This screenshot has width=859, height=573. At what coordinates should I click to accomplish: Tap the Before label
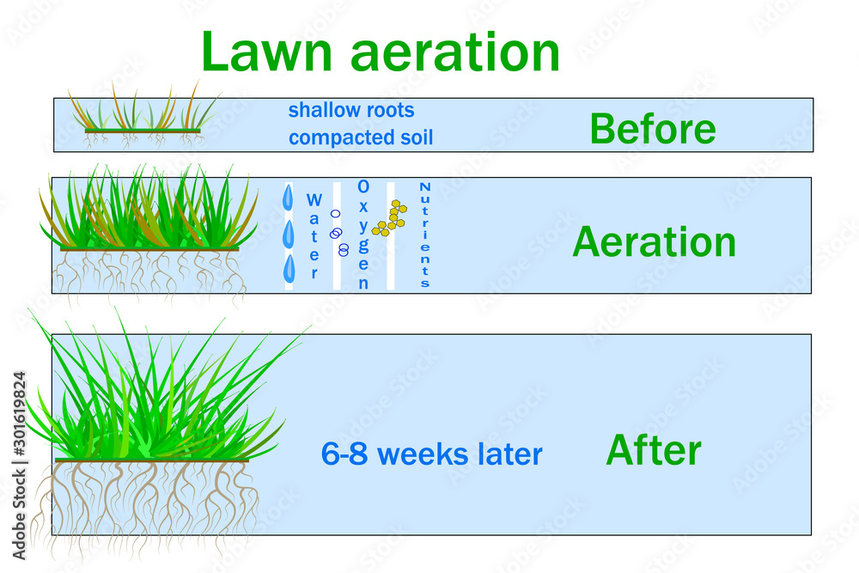pyautogui.click(x=652, y=129)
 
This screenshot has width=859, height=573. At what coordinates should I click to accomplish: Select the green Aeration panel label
pyautogui.click(x=654, y=242)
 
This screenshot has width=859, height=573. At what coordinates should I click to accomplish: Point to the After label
pyautogui.click(x=654, y=450)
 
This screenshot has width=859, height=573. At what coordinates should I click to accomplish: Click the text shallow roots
pyautogui.click(x=350, y=111)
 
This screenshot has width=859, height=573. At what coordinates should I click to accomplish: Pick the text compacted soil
pyautogui.click(x=361, y=137)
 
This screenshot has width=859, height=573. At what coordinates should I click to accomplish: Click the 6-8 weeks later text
pyautogui.click(x=431, y=454)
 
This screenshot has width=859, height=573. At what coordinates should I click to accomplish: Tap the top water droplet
pyautogui.click(x=288, y=198)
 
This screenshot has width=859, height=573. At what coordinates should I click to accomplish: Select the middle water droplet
pyautogui.click(x=289, y=233)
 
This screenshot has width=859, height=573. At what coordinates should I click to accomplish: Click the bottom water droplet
pyautogui.click(x=289, y=267)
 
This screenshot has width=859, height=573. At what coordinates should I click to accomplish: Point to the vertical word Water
pyautogui.click(x=314, y=235)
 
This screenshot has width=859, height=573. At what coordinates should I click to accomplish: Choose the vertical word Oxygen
pyautogui.click(x=363, y=235)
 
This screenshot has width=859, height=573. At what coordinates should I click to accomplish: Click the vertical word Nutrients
pyautogui.click(x=424, y=235)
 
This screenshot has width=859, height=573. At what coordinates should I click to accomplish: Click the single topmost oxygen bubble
pyautogui.click(x=335, y=214)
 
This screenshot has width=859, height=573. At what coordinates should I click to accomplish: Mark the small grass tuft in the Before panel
pyautogui.click(x=142, y=116)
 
